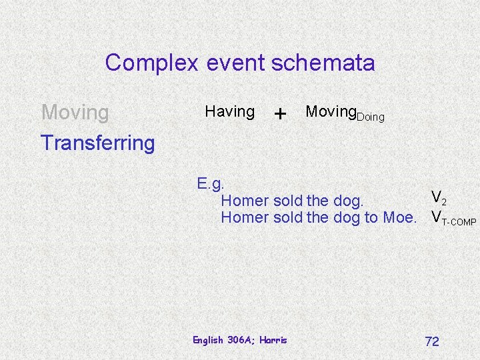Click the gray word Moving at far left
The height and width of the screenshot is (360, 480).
click(75, 113)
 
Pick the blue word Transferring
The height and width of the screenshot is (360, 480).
click(97, 142)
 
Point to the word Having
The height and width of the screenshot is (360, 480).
click(229, 111)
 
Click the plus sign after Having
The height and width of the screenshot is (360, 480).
click(281, 113)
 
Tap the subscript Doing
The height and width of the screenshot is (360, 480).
click(371, 117)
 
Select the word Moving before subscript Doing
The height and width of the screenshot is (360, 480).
click(331, 111)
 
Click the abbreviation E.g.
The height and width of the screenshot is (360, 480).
click(211, 183)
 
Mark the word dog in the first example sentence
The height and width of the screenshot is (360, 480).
click(347, 200)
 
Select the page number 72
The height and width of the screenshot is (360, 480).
click(432, 341)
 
